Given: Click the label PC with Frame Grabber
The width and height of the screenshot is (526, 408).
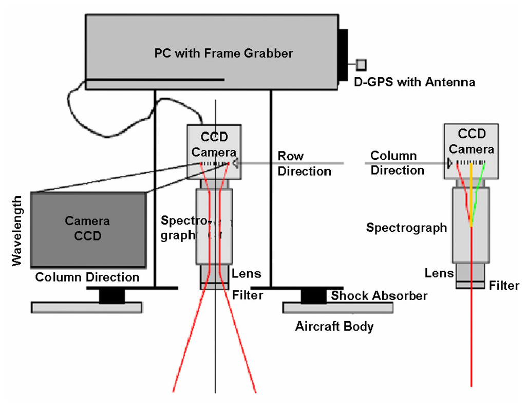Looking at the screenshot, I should [x=223, y=53].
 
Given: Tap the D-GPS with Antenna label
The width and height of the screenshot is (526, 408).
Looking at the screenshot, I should [x=415, y=82].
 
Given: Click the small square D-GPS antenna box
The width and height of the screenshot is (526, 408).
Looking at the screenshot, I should [x=362, y=64].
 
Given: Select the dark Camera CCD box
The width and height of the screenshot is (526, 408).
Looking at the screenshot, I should [x=88, y=229].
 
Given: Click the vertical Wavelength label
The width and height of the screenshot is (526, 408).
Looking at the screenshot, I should [x=17, y=230].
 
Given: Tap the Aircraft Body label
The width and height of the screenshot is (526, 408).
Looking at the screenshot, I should [x=334, y=326].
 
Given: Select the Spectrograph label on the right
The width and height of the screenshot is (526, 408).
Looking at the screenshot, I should [x=406, y=227].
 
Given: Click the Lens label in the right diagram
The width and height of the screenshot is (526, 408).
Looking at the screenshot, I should [x=439, y=273].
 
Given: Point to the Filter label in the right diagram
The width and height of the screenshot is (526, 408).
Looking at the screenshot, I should [x=504, y=285].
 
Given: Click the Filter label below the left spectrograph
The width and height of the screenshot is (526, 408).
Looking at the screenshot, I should [x=248, y=295].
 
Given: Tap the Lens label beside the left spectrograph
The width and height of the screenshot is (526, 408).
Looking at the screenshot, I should [x=246, y=273].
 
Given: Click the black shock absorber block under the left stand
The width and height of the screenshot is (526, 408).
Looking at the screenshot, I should [x=111, y=296].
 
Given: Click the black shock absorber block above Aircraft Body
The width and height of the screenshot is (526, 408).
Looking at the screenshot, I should [x=313, y=296].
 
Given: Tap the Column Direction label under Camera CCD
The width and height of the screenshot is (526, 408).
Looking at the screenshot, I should [x=87, y=277].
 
